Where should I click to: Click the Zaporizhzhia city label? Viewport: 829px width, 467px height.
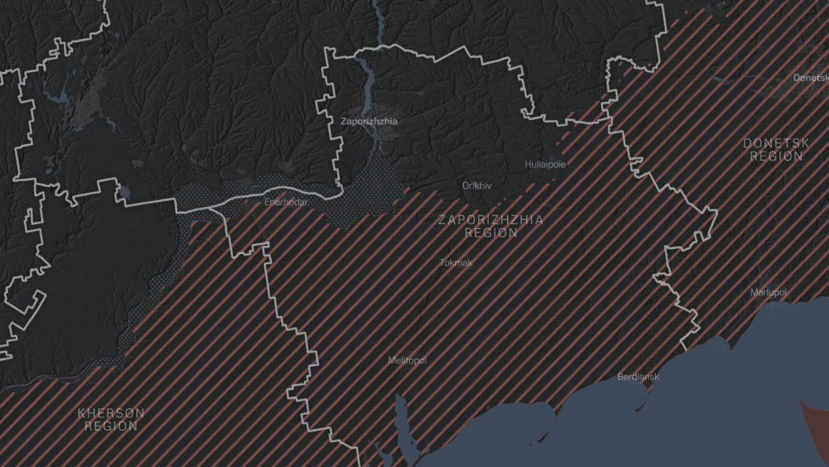click(368, 121)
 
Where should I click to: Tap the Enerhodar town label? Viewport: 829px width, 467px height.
click(287, 202)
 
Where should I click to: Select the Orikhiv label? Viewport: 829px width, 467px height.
click(477, 186)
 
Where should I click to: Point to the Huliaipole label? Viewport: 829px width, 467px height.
click(545, 165)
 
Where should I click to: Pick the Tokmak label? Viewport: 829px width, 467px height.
click(456, 262)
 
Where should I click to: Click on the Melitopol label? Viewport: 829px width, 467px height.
click(407, 360)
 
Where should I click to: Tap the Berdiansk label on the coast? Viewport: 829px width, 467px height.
click(638, 377)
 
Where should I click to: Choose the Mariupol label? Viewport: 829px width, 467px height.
click(768, 292)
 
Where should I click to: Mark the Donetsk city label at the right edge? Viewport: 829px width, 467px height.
click(810, 78)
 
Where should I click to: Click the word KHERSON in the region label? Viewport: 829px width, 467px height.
click(110, 413)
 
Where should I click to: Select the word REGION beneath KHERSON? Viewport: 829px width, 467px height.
click(111, 426)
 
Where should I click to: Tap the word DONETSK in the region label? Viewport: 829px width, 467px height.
click(776, 143)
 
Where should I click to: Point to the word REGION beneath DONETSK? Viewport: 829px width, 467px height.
click(776, 157)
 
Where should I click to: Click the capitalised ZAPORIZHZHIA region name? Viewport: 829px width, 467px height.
click(491, 220)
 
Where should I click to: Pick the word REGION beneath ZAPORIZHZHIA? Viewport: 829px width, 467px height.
click(491, 233)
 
